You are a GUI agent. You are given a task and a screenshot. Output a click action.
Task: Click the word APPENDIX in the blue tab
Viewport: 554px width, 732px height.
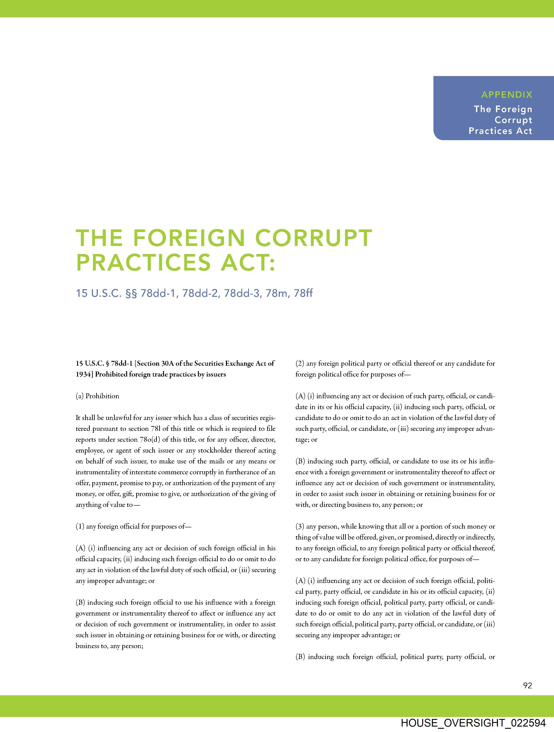[x=506, y=95]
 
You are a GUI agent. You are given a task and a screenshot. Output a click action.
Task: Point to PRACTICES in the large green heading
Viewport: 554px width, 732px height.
[x=143, y=262]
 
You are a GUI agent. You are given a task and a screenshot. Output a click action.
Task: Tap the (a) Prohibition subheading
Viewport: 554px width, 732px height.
[x=97, y=396]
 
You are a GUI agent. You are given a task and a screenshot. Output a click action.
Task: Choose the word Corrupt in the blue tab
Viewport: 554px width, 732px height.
[x=513, y=120]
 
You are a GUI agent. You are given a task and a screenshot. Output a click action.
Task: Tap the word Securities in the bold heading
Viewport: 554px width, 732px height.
[x=207, y=363]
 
